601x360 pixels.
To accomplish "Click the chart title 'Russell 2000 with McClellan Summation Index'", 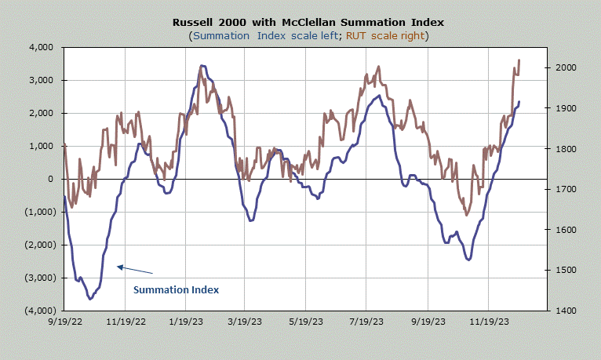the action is click(x=308, y=22).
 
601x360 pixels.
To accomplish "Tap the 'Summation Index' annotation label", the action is click(x=176, y=290).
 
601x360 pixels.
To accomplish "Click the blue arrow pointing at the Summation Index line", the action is click(x=135, y=270).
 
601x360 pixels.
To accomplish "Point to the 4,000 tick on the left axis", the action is click(x=42, y=48).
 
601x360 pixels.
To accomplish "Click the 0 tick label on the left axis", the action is click(x=50, y=179).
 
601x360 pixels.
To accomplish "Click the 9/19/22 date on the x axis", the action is click(x=65, y=322).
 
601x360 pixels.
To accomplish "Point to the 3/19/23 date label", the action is click(x=245, y=322).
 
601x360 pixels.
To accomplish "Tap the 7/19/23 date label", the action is click(x=366, y=322).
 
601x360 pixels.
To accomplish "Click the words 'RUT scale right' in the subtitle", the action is click(x=385, y=36).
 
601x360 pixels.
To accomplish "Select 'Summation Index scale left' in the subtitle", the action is click(x=266, y=36).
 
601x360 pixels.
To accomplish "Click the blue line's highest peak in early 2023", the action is click(x=202, y=66).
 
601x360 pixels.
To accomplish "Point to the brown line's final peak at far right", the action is click(x=519, y=60).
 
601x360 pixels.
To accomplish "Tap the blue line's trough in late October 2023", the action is click(x=468, y=260).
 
